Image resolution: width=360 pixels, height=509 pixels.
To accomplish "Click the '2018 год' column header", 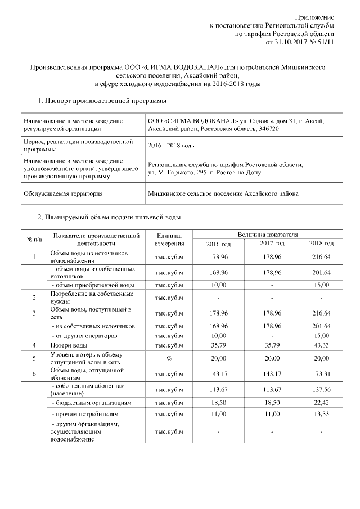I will point(321,244).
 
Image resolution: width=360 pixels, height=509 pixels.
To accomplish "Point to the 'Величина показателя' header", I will point(267,233).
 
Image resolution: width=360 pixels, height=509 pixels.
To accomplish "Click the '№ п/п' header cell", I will point(34,239).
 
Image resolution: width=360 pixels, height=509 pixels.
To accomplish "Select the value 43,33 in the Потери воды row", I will point(321,345).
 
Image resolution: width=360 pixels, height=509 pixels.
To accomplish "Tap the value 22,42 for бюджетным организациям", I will point(321,403).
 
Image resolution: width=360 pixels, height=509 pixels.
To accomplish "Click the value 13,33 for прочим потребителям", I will point(321,417).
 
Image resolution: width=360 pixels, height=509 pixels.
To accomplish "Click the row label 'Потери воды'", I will point(69,345).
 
